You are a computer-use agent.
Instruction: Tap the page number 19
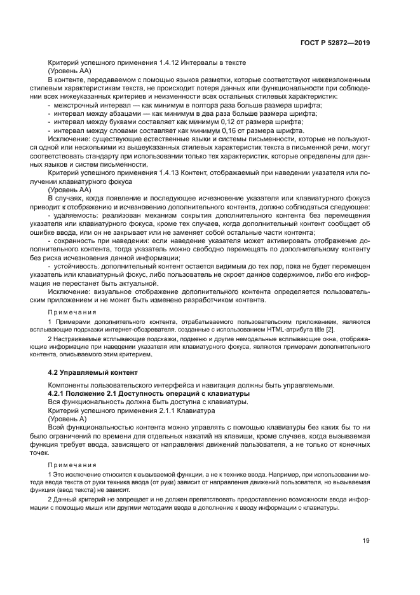[366, 541]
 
